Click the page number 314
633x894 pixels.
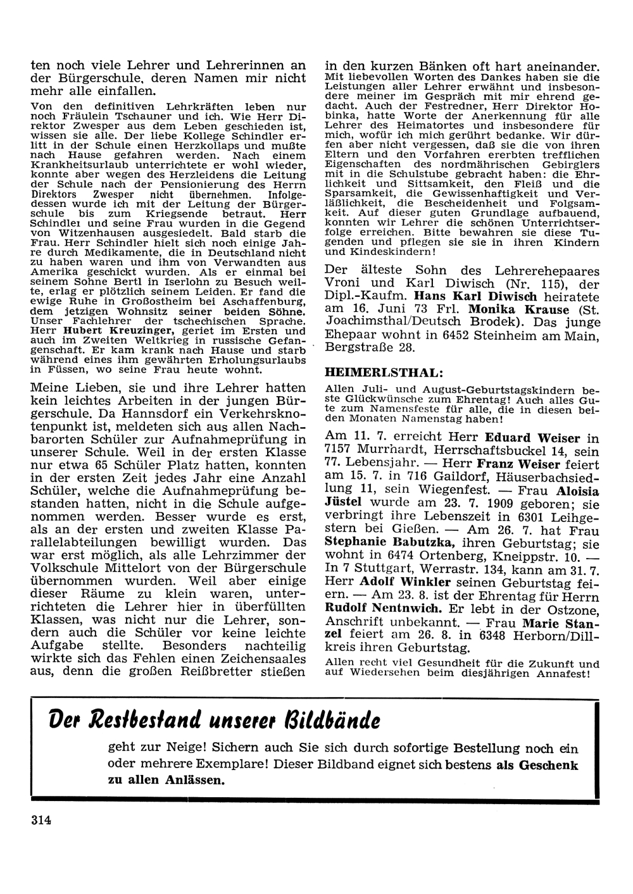pyautogui.click(x=40, y=820)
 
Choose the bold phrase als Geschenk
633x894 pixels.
pyautogui.click(x=537, y=765)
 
